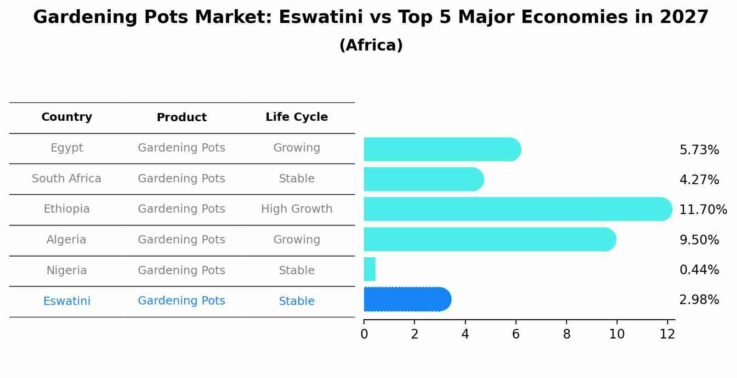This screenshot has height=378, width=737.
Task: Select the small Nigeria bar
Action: coord(369,269)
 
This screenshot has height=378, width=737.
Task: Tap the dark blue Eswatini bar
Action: coord(407,299)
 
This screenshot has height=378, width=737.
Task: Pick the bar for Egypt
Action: coord(441,149)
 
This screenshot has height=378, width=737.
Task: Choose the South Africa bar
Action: coord(423,179)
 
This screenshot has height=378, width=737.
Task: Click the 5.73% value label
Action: coord(699,150)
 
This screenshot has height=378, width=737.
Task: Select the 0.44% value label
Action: coord(699,270)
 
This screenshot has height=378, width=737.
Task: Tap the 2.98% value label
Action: coord(699,300)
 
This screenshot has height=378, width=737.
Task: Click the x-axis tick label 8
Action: coord(567,334)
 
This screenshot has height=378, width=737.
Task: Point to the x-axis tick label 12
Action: coord(667,334)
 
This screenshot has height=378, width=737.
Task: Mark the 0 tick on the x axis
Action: coord(364,334)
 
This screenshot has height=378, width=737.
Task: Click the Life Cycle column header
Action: coord(297,117)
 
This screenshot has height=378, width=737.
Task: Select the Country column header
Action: coord(67,117)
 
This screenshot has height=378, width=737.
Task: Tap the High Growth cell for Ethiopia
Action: coord(297,209)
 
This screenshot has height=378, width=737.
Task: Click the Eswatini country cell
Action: coord(67,301)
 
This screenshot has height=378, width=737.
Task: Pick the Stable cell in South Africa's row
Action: coord(297,179)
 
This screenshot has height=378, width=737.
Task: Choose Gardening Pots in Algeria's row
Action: coord(181,240)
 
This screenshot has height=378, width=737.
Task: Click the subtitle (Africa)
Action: coord(371,45)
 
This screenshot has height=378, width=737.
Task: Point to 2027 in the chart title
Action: coord(684,17)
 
